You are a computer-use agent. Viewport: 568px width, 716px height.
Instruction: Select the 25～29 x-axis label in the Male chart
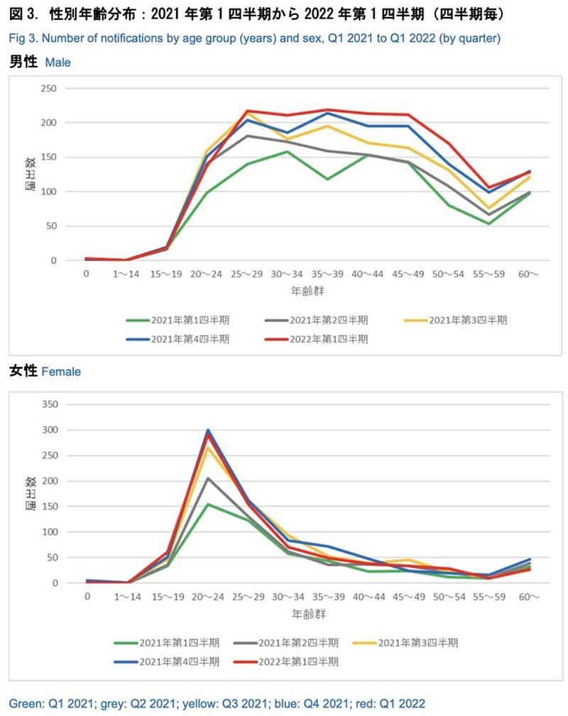tap(246, 272)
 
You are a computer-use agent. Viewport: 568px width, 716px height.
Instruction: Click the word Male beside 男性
tap(58, 62)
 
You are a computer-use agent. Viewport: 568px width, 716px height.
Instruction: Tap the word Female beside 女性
tap(61, 371)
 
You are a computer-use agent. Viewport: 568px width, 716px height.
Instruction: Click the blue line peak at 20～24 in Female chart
tap(208, 429)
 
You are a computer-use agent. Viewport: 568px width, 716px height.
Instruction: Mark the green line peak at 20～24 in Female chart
tap(208, 505)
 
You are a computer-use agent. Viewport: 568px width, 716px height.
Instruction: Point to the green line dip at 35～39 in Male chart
tap(327, 179)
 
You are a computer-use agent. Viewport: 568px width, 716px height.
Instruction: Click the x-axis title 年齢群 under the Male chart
tap(307, 290)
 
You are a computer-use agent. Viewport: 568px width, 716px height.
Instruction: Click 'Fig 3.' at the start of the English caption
tap(21, 38)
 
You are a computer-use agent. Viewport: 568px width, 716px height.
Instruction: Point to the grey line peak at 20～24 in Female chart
tap(208, 478)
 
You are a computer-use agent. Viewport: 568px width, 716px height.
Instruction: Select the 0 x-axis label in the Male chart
tap(86, 272)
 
